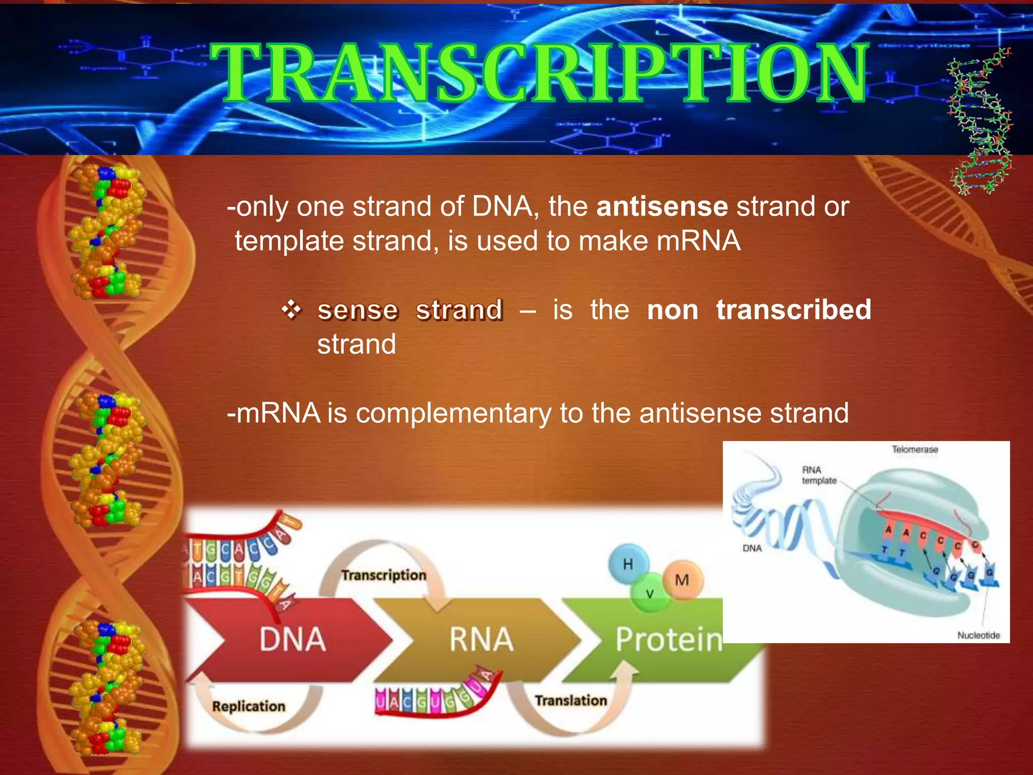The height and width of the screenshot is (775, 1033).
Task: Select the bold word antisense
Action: (662, 207)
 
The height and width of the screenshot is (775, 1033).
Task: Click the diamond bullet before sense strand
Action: (292, 309)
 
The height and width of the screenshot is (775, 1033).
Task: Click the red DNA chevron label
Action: (293, 639)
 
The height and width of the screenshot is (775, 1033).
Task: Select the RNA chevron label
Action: (481, 639)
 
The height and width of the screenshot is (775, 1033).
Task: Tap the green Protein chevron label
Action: (668, 639)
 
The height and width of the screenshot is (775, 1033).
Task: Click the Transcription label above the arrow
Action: (383, 575)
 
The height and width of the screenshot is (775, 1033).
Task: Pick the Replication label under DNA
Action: (248, 706)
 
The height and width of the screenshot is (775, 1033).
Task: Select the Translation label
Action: (570, 700)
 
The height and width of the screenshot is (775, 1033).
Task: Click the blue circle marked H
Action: (627, 564)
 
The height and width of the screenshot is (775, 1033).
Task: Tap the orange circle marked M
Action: (682, 580)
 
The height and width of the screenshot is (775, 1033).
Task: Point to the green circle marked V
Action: (650, 594)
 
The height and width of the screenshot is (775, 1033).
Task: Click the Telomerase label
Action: (914, 449)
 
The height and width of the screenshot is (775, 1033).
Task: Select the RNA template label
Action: (819, 475)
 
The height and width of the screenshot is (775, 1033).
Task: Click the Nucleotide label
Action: (978, 635)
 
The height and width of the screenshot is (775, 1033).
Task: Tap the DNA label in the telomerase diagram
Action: (752, 548)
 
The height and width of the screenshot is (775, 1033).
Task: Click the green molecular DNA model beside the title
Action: (980, 121)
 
